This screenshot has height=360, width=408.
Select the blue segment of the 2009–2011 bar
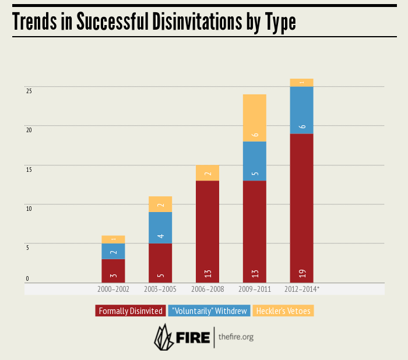[254, 161]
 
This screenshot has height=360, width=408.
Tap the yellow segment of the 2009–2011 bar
[254, 118]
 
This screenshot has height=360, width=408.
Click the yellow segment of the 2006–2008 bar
[207, 173]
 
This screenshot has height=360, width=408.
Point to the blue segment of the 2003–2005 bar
[160, 228]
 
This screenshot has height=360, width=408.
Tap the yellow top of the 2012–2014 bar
[301, 83]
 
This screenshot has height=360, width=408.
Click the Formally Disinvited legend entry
[131, 311]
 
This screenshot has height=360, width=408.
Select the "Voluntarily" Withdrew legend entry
[209, 311]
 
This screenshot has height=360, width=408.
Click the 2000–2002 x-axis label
[114, 289]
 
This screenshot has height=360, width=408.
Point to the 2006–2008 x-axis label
[207, 289]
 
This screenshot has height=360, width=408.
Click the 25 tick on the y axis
[28, 91]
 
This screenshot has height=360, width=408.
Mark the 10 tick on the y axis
[28, 208]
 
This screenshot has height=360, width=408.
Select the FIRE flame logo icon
[164, 336]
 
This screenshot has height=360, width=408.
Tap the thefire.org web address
[236, 337]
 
